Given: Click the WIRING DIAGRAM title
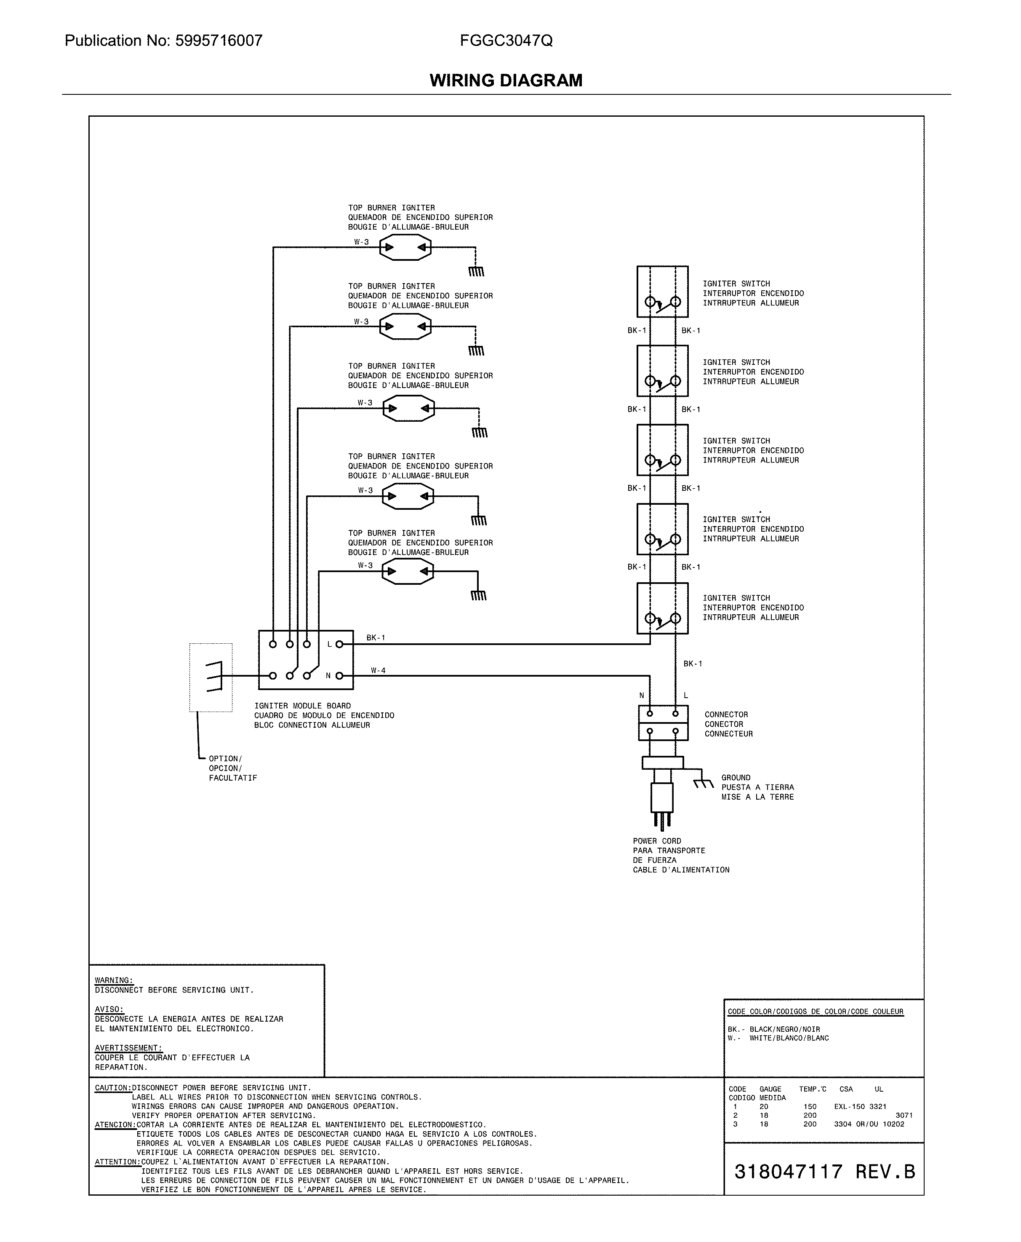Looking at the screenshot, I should point(506,80).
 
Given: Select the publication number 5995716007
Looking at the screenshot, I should point(219,40).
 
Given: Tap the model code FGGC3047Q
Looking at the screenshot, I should point(506,40).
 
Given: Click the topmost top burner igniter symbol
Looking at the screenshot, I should point(405,247).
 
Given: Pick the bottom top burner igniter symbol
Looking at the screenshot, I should point(408,571).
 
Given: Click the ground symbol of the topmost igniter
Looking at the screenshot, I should point(476,271).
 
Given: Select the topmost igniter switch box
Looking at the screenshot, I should point(662,291).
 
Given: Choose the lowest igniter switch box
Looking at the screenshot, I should point(662,608).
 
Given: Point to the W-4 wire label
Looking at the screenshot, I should point(378,670).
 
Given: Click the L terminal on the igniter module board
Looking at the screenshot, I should point(339,644).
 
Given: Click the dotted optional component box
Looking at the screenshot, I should point(211,677).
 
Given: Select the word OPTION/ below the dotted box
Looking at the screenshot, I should point(225,758).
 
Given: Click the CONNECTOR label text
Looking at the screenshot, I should point(726,714).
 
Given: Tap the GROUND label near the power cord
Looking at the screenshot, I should point(736,777).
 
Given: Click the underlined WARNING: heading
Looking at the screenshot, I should point(114,980).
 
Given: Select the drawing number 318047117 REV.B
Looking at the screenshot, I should point(824,1171).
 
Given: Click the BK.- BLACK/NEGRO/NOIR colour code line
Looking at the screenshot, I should point(773,1029).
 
